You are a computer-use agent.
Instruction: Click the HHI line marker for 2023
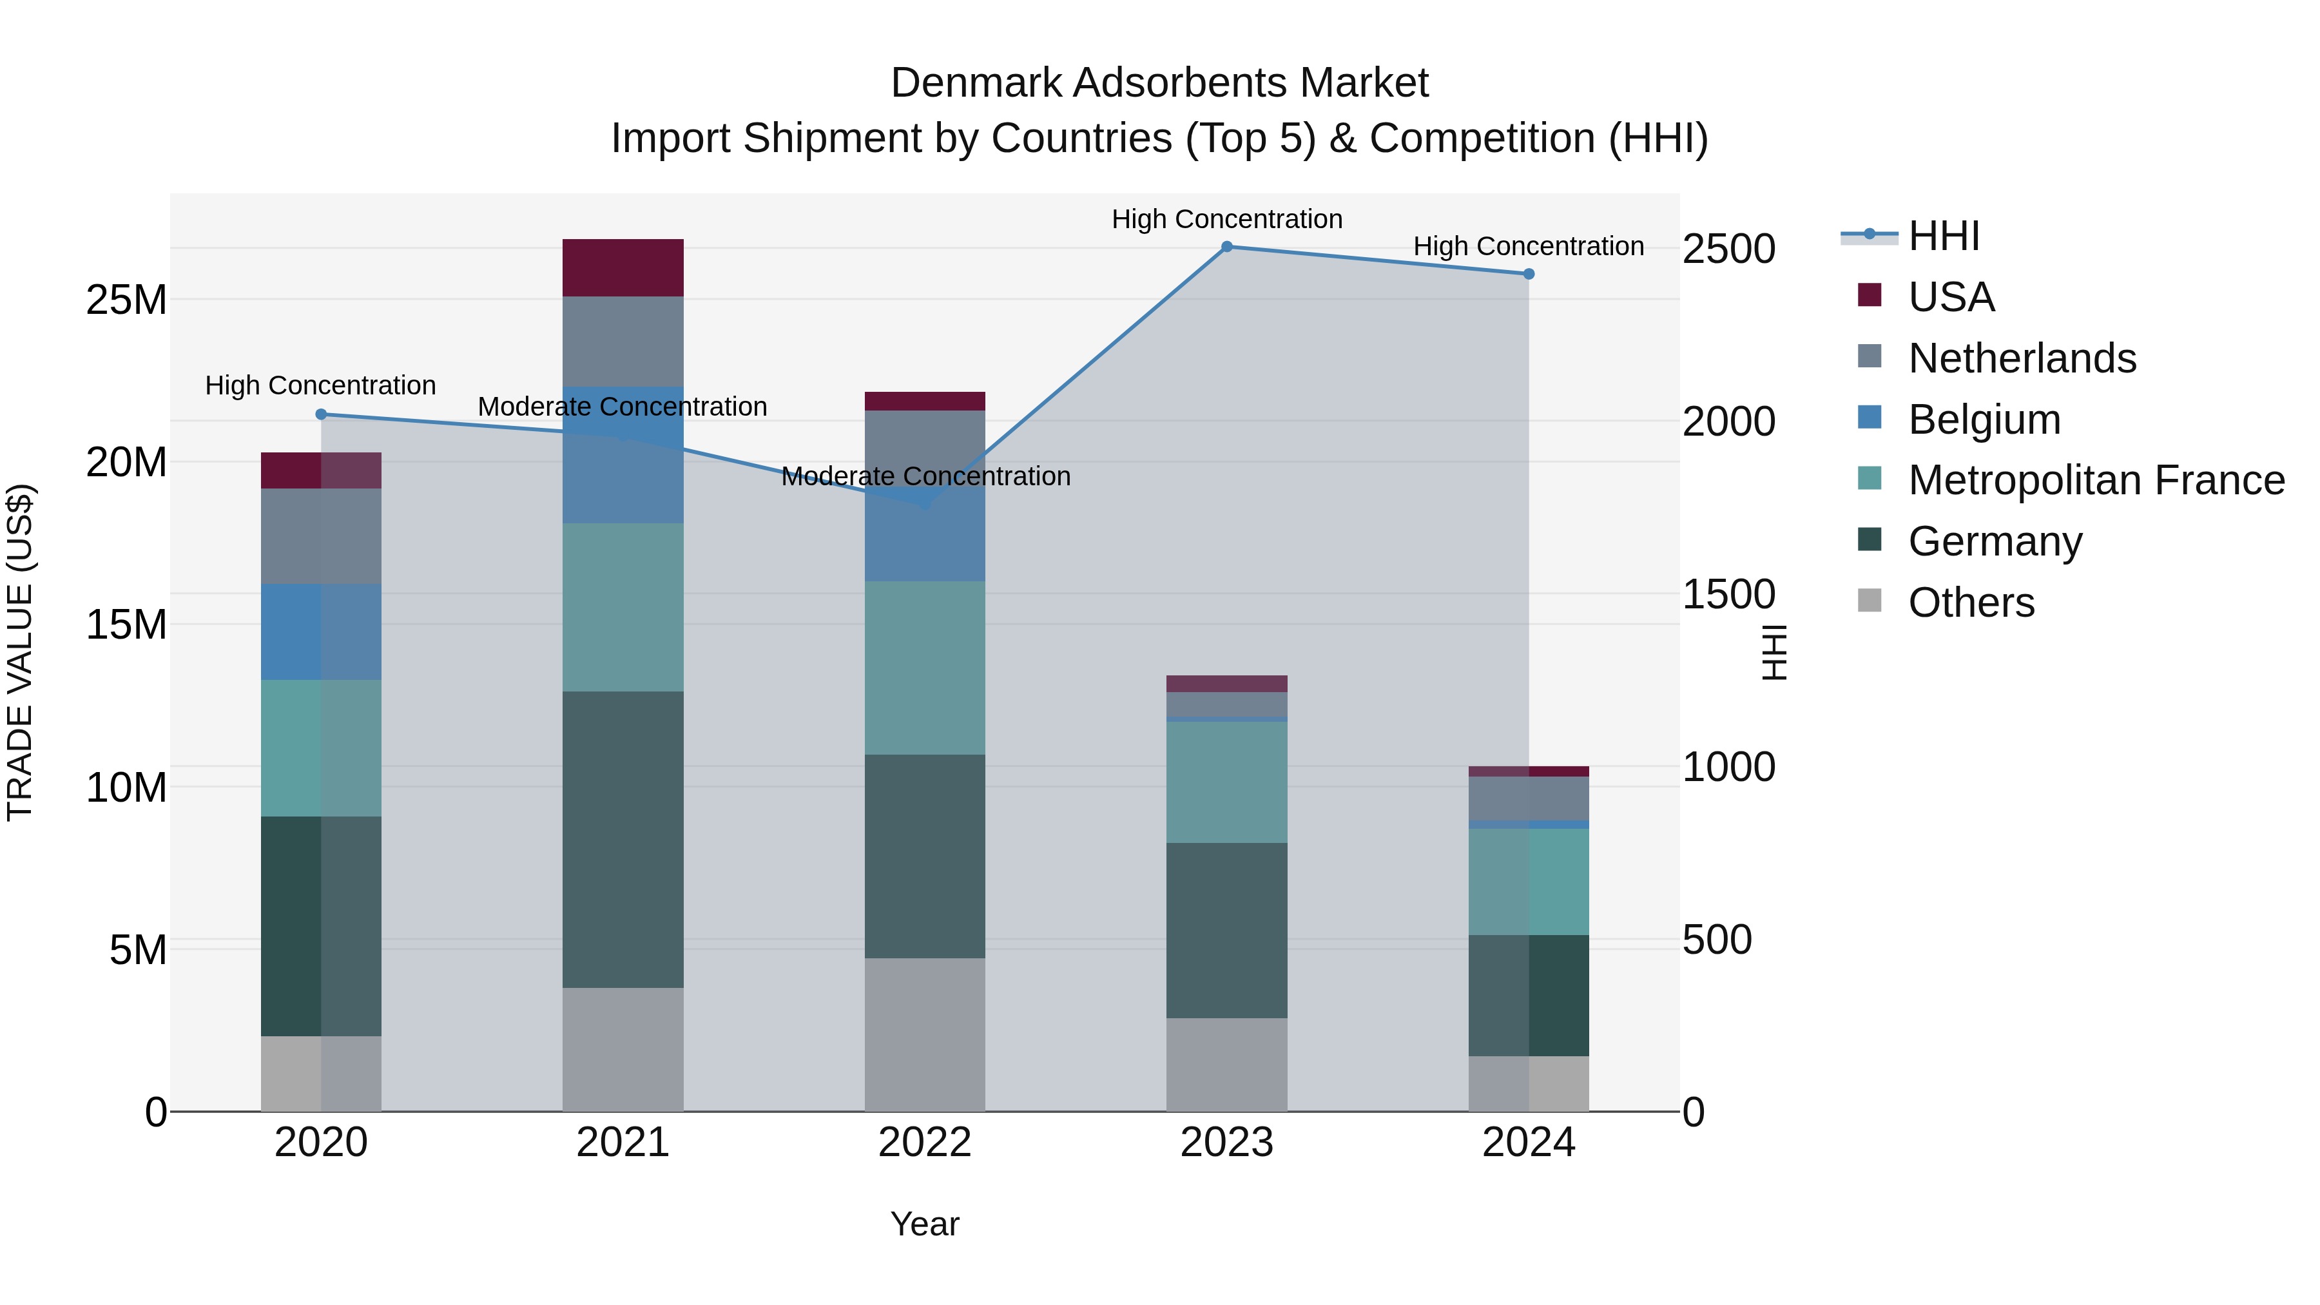pyautogui.click(x=1226, y=247)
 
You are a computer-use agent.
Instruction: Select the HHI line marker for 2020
pyautogui.click(x=321, y=414)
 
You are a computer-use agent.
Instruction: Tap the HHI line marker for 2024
pyautogui.click(x=1529, y=274)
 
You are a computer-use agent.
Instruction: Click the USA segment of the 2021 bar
pyautogui.click(x=623, y=267)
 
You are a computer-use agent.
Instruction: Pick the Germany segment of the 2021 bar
pyautogui.click(x=623, y=839)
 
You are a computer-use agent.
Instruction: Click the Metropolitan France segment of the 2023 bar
pyautogui.click(x=1226, y=782)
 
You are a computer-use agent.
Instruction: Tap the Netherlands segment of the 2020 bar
pyautogui.click(x=321, y=536)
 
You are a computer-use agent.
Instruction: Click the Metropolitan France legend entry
pyautogui.click(x=2095, y=480)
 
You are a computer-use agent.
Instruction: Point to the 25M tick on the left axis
pyautogui.click(x=126, y=300)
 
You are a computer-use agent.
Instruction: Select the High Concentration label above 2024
pyautogui.click(x=1529, y=246)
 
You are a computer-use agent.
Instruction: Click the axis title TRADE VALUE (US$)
pyautogui.click(x=20, y=652)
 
